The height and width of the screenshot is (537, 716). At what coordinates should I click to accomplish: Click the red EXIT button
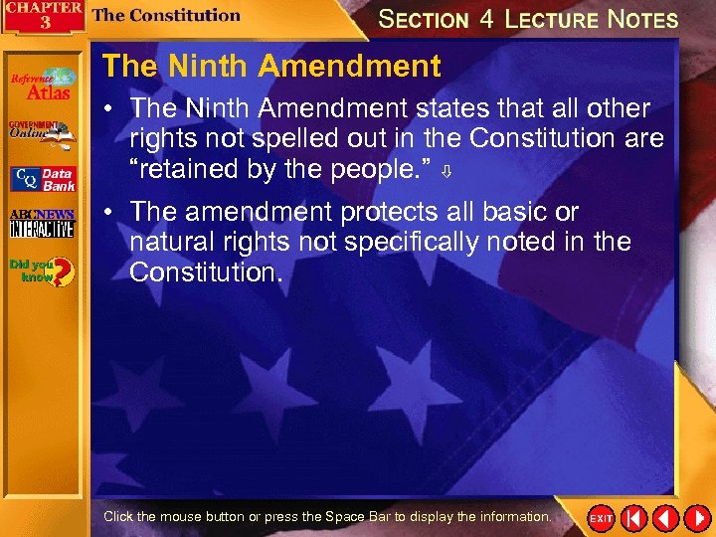click(601, 518)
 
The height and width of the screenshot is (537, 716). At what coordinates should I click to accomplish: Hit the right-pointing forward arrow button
click(696, 518)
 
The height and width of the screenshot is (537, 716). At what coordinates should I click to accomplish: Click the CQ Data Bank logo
click(42, 179)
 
